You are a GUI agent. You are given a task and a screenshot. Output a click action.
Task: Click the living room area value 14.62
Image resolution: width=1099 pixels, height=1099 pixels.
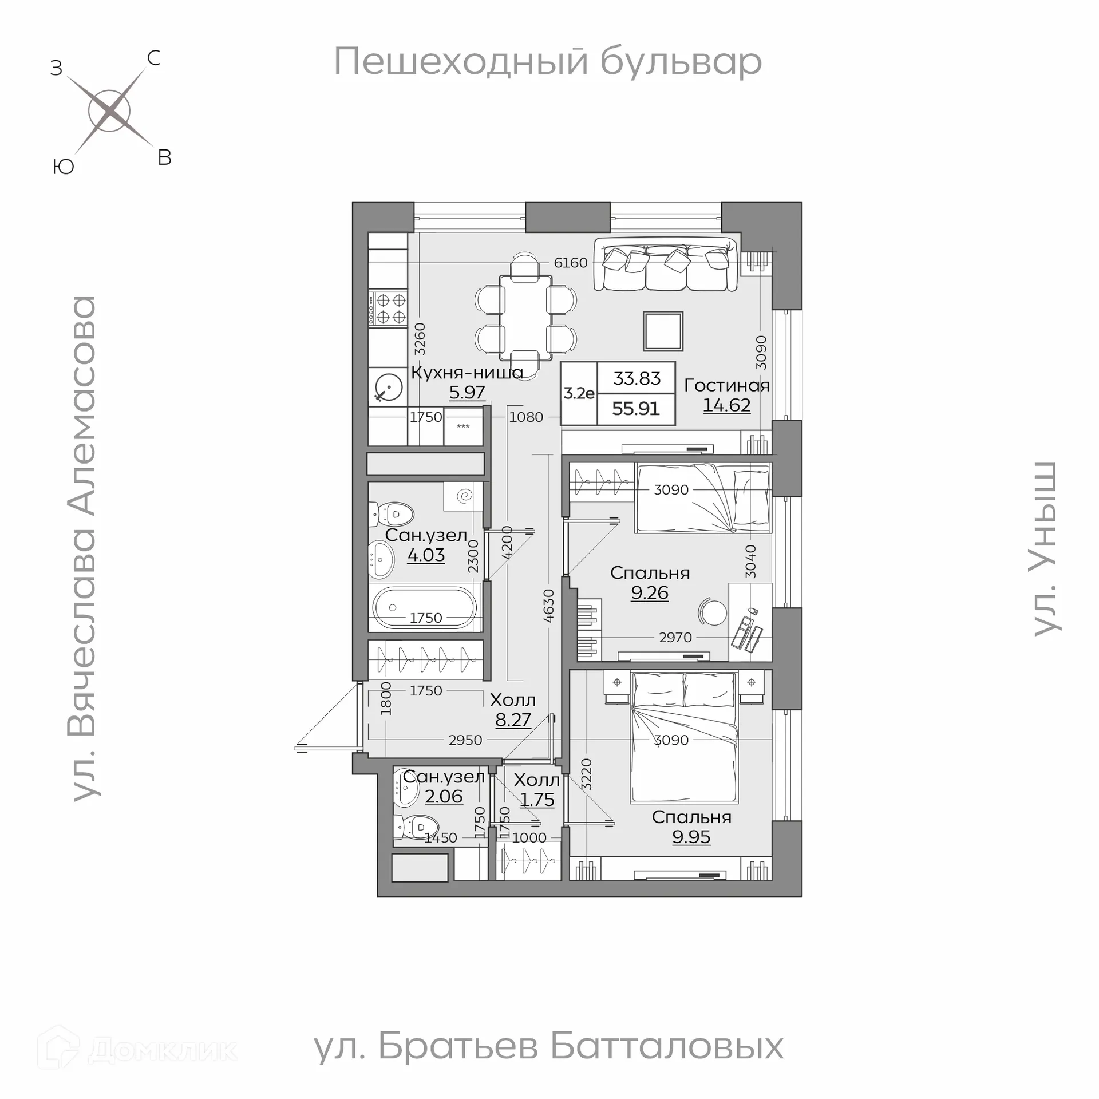click(x=726, y=405)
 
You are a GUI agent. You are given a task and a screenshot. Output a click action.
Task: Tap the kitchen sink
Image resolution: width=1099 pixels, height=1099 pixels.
click(x=388, y=386)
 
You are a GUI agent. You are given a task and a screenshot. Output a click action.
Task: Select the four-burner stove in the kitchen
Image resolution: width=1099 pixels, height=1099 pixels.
click(x=388, y=308)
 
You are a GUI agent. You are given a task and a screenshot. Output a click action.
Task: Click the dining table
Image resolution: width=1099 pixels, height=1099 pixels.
click(x=525, y=318)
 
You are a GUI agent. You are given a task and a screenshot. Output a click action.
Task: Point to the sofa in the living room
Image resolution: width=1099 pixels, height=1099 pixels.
click(x=666, y=265)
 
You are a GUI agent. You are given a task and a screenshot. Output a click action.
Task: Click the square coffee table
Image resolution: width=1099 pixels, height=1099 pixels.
click(x=663, y=331)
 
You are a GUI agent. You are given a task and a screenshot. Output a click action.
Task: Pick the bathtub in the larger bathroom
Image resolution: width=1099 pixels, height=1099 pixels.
click(x=424, y=607)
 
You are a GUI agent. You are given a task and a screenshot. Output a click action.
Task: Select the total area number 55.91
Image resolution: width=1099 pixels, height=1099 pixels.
click(x=635, y=409)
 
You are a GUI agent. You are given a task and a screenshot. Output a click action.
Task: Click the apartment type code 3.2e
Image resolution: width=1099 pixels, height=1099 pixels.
click(x=579, y=393)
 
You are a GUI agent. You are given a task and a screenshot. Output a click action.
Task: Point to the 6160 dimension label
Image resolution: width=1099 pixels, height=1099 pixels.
click(x=571, y=263)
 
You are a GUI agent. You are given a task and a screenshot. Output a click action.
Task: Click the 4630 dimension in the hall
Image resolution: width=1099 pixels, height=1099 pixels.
click(x=548, y=606)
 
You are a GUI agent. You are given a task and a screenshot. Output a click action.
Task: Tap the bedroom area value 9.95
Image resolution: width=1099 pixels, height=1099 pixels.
click(x=691, y=837)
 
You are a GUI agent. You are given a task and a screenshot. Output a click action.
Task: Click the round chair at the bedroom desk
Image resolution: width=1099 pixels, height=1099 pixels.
click(x=713, y=612)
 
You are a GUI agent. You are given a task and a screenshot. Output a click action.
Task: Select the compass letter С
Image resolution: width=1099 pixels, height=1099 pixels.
click(x=153, y=58)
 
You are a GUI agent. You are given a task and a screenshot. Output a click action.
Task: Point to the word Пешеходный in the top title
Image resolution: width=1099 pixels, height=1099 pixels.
click(x=461, y=61)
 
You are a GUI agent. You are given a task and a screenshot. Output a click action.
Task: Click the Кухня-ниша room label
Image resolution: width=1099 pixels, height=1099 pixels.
click(x=467, y=373)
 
